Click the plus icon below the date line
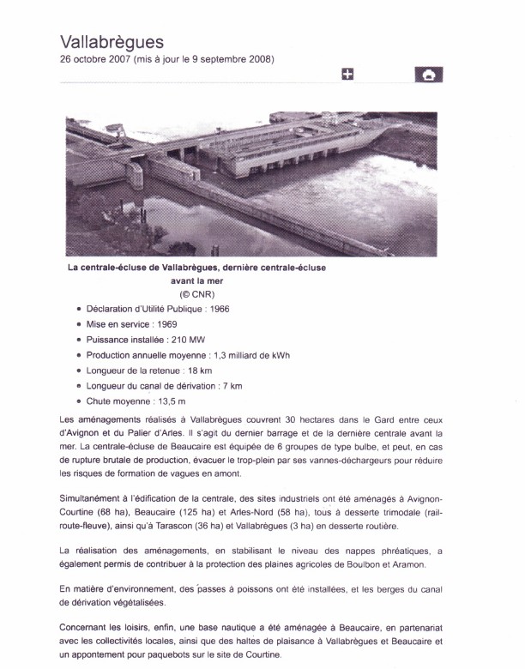coord(347,75)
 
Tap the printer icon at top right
coord(428,75)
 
